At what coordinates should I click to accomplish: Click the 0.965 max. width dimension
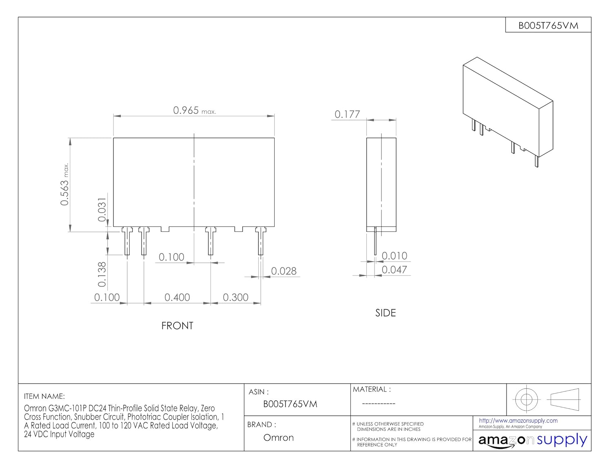pyautogui.click(x=194, y=111)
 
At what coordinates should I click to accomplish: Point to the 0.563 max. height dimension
pyautogui.click(x=64, y=184)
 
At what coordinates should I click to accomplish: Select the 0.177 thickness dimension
pyautogui.click(x=347, y=114)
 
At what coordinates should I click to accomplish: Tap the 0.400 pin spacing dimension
pyautogui.click(x=177, y=297)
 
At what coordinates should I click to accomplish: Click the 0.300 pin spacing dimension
pyautogui.click(x=235, y=297)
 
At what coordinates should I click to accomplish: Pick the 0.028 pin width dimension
pyautogui.click(x=284, y=271)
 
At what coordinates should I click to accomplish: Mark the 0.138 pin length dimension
pyautogui.click(x=102, y=274)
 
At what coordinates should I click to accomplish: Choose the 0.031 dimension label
pyautogui.click(x=102, y=210)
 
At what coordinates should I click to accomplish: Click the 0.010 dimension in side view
pyautogui.click(x=394, y=256)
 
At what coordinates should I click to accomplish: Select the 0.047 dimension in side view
pyautogui.click(x=394, y=270)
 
